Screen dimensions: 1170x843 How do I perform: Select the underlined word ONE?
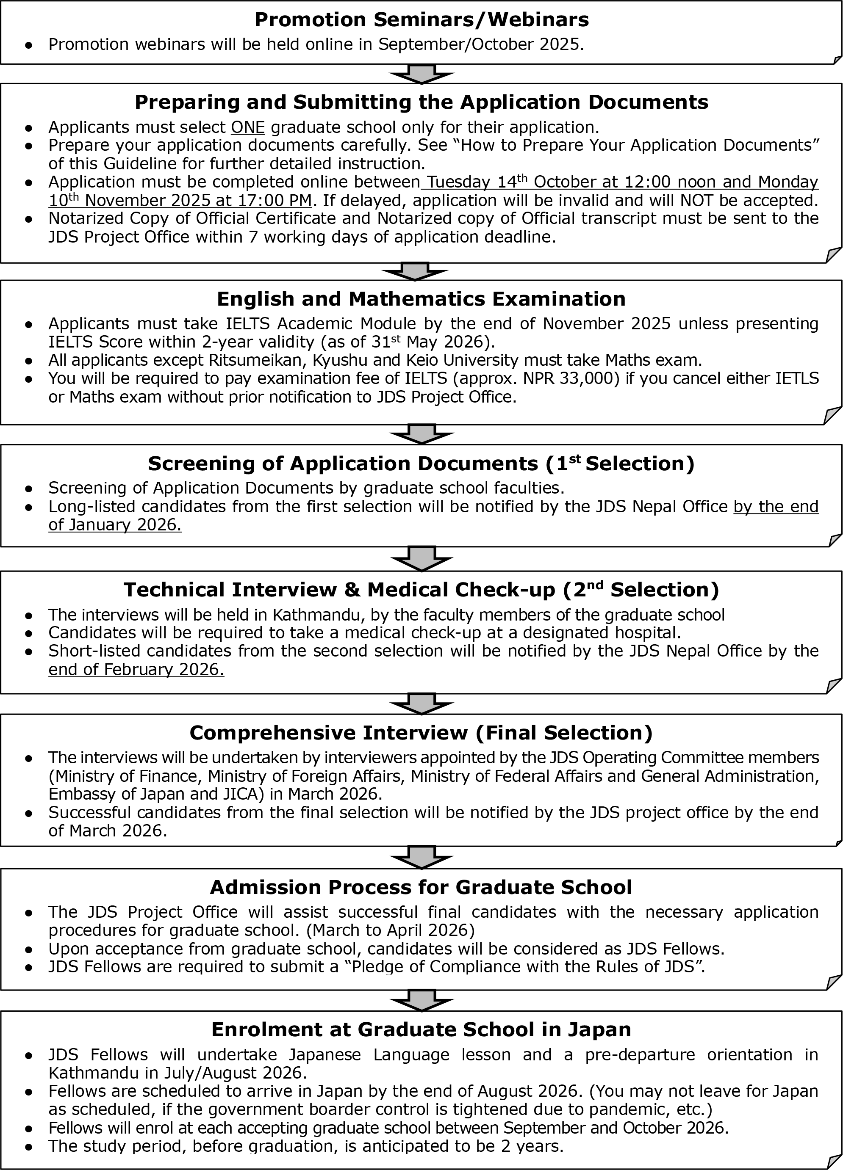click(x=248, y=127)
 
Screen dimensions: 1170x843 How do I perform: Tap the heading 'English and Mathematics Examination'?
click(x=421, y=299)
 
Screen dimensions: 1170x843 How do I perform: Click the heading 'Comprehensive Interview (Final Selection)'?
click(x=421, y=733)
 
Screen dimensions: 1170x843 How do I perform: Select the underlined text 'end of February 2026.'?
click(x=136, y=669)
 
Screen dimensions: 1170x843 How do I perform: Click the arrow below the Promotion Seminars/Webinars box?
click(x=421, y=74)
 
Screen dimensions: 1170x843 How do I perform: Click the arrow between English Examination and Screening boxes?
click(x=421, y=434)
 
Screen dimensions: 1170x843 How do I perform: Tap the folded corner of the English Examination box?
click(x=832, y=415)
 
